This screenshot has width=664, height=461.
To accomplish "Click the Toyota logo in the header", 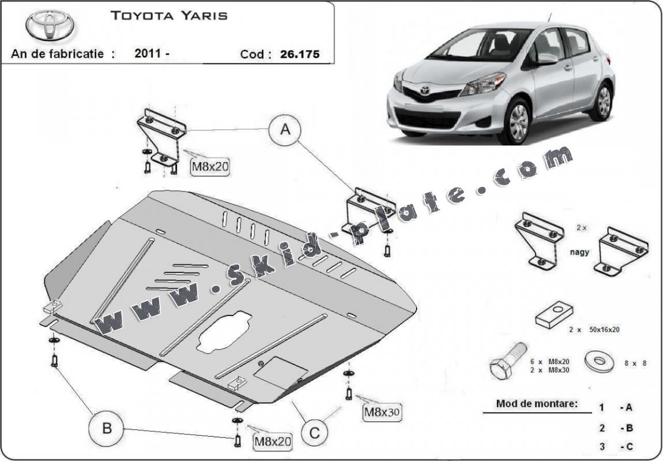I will point(47,25).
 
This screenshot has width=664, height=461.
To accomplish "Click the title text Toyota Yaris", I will point(168,16).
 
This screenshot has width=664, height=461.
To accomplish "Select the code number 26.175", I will point(300,55).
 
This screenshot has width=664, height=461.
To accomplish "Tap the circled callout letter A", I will point(285,130).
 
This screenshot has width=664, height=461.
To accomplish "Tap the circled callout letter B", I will point(106,429).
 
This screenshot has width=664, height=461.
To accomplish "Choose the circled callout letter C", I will point(314,431).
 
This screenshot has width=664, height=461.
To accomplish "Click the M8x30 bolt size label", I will point(381,412).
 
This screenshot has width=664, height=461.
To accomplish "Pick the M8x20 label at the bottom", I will point(273,441).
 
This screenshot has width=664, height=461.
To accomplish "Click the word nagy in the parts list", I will point(580,252).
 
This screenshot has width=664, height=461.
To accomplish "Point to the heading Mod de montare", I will point(537,404).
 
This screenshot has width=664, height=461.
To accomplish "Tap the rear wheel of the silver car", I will point(603,101).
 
